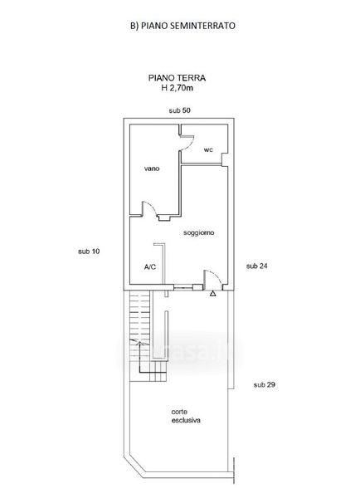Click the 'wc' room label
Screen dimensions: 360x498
point(208,149)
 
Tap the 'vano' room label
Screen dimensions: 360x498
point(152,168)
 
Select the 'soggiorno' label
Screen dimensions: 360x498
point(199,232)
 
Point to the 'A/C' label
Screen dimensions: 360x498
point(150,266)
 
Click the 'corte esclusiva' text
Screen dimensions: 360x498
point(186,416)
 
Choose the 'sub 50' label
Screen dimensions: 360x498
point(180,110)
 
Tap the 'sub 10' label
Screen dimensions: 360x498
point(89,251)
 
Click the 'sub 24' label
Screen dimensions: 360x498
point(257,266)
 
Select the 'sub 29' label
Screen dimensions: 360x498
point(265,384)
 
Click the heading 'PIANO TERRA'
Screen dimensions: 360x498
point(178,78)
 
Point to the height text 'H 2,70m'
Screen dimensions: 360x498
point(178,88)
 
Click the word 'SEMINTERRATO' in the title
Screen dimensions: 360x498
point(203,26)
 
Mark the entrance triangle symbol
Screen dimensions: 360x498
point(213,294)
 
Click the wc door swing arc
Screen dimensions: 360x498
point(190,144)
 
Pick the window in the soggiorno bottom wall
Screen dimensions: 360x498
point(183,287)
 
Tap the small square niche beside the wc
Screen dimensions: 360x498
point(225,159)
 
